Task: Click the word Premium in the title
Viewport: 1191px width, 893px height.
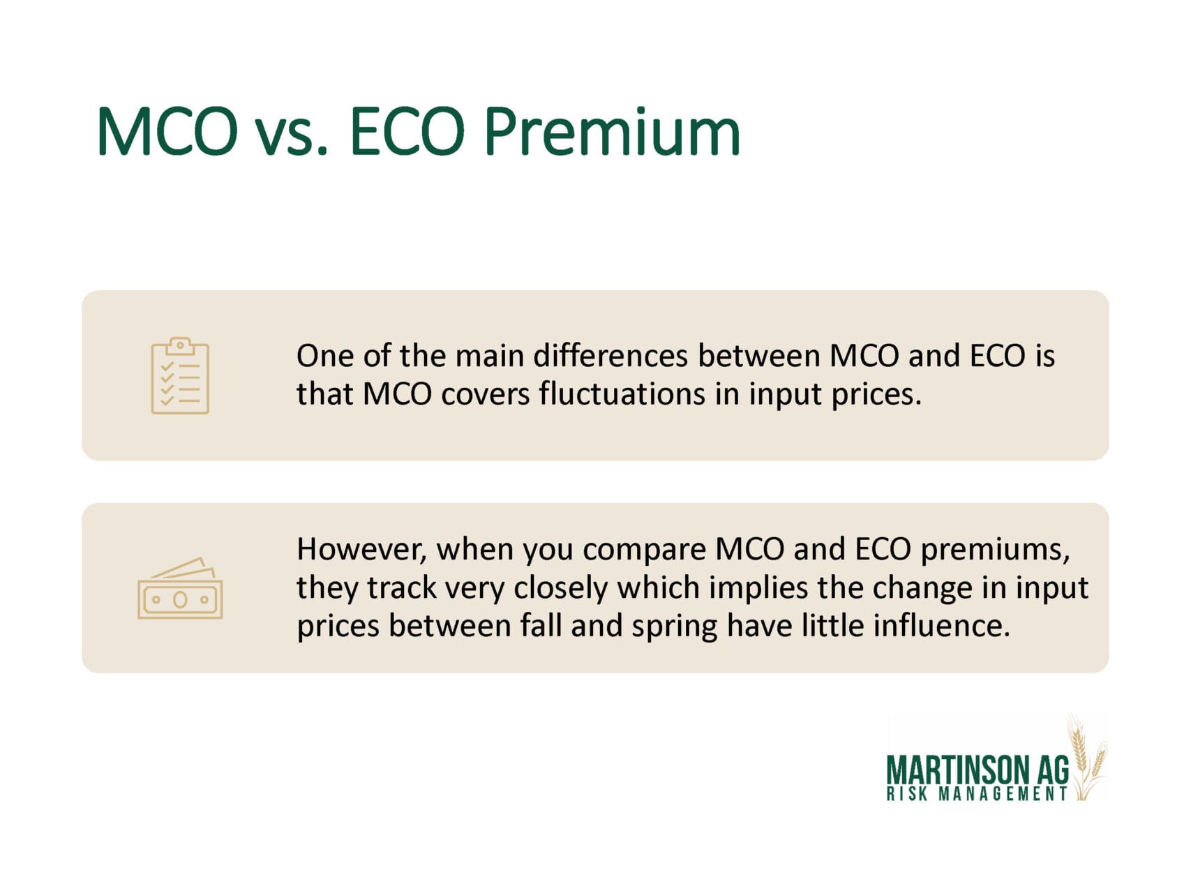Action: (611, 132)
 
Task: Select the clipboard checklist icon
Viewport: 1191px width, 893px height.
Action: (180, 375)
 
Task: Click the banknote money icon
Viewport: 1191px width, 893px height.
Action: (180, 588)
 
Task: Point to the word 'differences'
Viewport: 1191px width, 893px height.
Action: (611, 356)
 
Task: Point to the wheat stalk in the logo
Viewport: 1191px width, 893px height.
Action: (1086, 757)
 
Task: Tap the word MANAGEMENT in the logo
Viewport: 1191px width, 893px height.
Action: (1003, 793)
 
